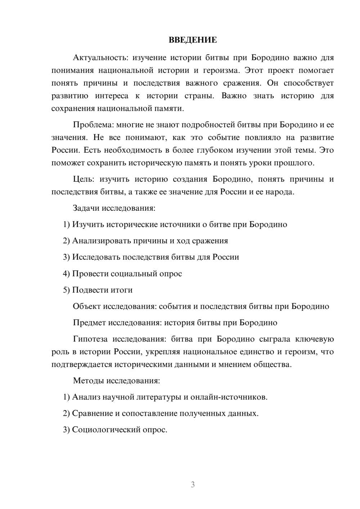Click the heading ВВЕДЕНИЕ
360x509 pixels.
pyautogui.click(x=193, y=40)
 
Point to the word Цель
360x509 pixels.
pyautogui.click(x=83, y=179)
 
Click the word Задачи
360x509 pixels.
pyautogui.click(x=86, y=208)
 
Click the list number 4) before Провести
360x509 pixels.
pyautogui.click(x=66, y=274)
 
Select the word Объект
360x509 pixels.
pyautogui.click(x=87, y=306)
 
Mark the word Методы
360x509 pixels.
pyautogui.click(x=87, y=380)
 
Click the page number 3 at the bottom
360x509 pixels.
pyautogui.click(x=193, y=485)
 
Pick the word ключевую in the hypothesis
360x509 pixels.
pyautogui.click(x=314, y=339)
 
